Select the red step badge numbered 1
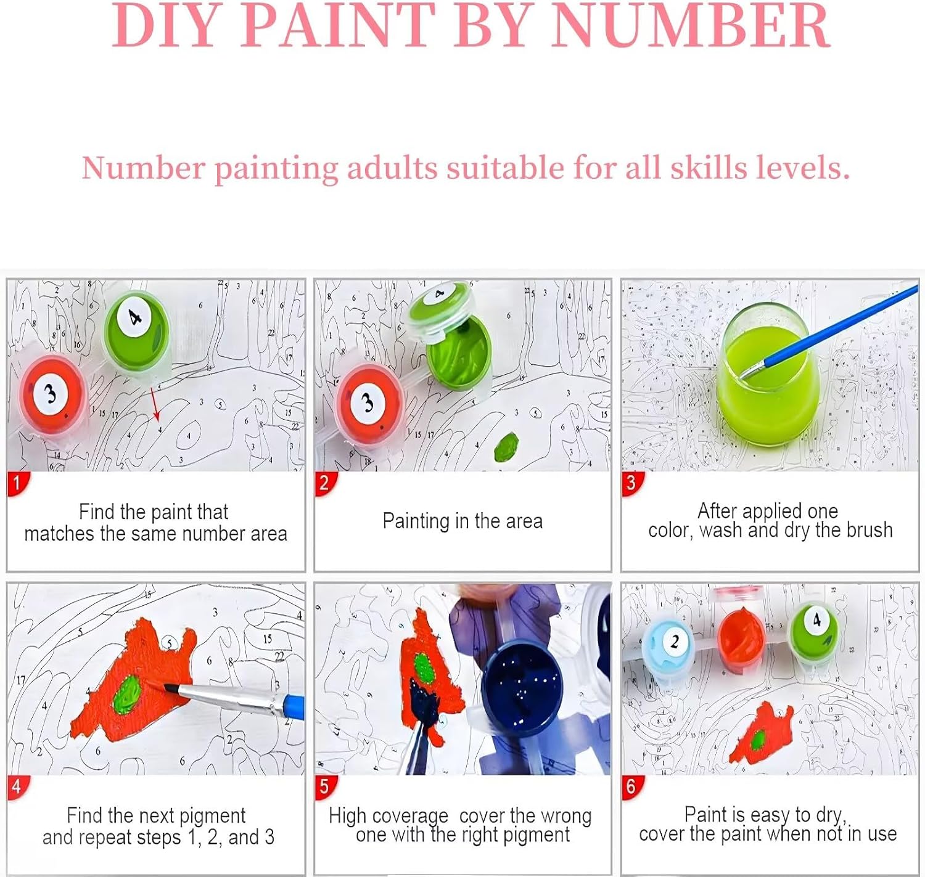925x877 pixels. click(18, 483)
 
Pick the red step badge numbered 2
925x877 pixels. click(326, 483)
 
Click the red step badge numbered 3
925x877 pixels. click(632, 483)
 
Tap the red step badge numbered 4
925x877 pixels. click(18, 787)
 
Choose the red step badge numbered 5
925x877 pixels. click(326, 787)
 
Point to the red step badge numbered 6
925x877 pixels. click(632, 787)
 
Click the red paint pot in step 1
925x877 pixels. click(52, 396)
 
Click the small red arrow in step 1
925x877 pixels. click(155, 404)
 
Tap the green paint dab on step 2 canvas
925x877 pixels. click(506, 447)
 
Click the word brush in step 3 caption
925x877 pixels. click(869, 530)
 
